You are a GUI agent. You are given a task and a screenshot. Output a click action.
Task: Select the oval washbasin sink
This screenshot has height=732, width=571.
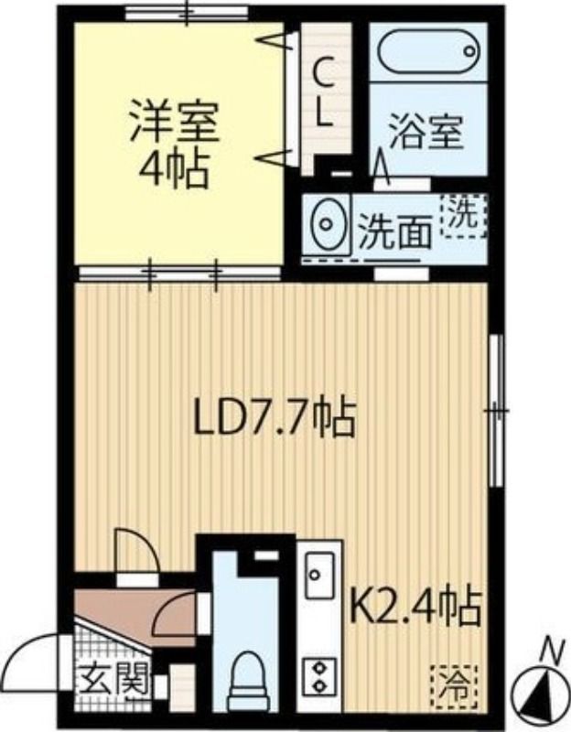pos(326,221)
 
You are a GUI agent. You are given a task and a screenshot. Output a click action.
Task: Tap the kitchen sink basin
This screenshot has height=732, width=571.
pos(319,576)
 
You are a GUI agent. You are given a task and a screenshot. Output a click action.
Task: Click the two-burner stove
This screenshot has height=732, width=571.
pos(319,675)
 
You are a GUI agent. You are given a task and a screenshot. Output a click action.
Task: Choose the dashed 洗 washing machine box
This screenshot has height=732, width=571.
pos(466,216)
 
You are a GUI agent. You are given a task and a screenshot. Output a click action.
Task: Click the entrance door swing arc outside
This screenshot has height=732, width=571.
pos(35,662)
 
